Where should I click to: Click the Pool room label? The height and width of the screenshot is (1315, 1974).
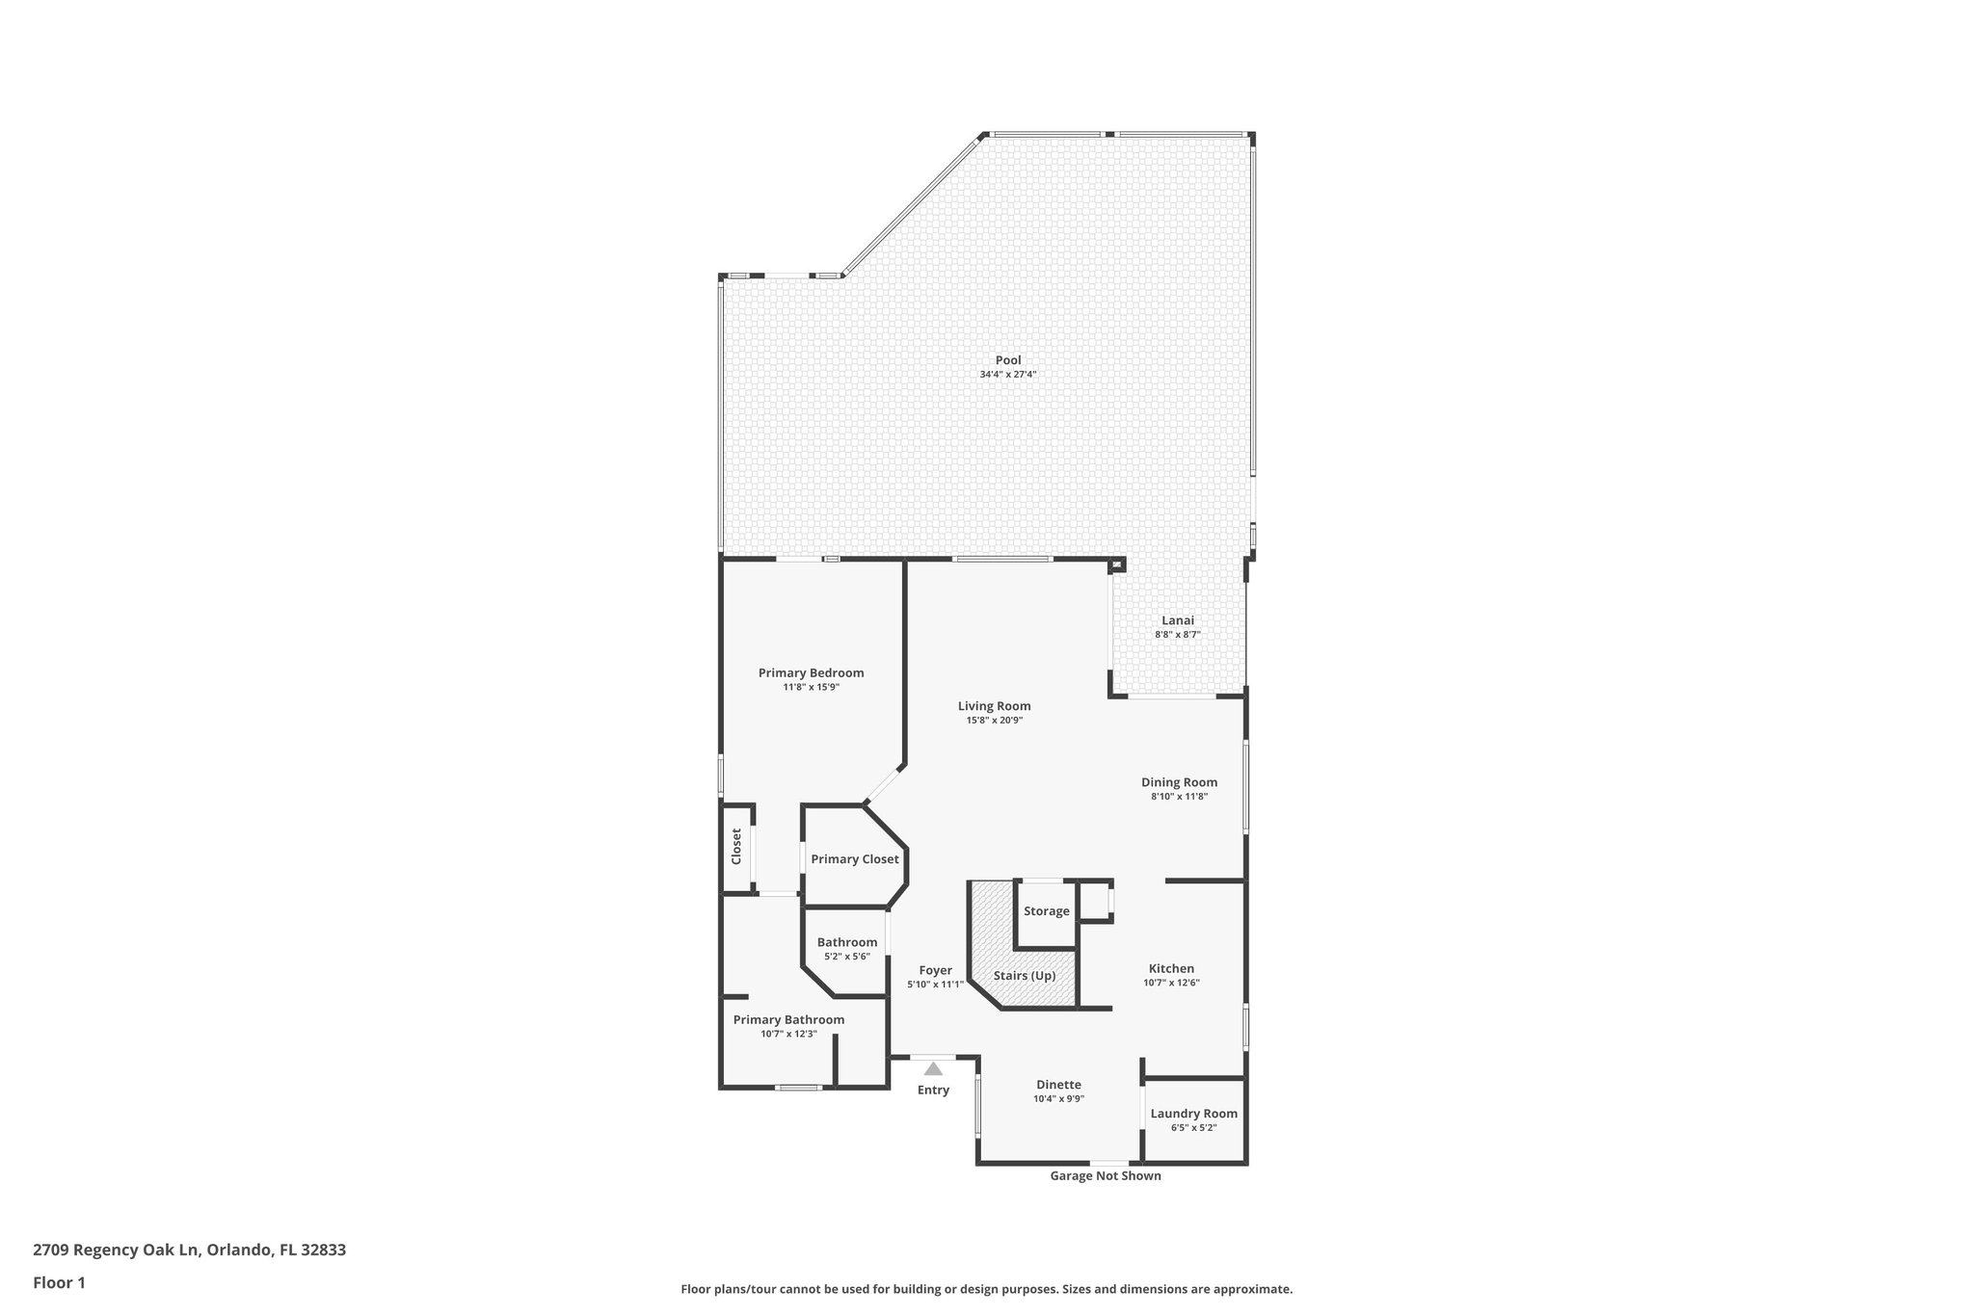point(1008,360)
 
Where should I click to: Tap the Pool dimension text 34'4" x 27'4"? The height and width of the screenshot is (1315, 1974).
point(1008,375)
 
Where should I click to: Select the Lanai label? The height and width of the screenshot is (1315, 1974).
point(1177,620)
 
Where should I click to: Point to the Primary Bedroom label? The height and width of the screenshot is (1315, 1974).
point(811,672)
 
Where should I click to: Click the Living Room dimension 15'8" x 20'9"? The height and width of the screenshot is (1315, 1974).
point(994,721)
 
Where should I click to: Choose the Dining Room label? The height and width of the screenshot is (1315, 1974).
point(1179,782)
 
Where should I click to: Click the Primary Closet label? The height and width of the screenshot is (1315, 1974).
point(854,859)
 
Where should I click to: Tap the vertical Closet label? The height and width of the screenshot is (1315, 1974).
point(736,846)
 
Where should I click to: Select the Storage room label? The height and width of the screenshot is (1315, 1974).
point(1046,911)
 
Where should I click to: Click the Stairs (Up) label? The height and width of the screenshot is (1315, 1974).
point(1025,976)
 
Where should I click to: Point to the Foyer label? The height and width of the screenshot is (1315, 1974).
point(935,970)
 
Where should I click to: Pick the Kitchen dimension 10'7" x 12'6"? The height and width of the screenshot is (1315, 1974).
point(1171,984)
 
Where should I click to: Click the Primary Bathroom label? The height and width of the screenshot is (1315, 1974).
point(788,1019)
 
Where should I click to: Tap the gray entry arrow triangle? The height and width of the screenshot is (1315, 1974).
point(933,1068)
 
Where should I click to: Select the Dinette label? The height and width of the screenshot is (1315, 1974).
point(1058,1085)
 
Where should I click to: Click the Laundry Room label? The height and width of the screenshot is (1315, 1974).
point(1193,1114)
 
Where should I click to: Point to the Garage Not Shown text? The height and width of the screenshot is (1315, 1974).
point(1105,1176)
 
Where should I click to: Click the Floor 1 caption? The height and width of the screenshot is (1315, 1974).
point(59,1282)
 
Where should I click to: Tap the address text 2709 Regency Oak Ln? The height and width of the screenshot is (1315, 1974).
point(116,1250)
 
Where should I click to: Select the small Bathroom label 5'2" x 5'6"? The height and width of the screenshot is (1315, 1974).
point(847,942)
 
